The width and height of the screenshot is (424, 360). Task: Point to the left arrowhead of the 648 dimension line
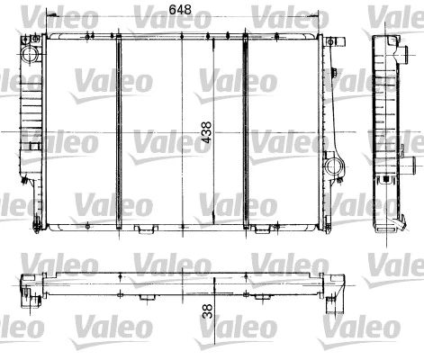pyautogui.click(x=50, y=20)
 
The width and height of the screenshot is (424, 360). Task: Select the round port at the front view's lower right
pyautogui.click(x=336, y=166)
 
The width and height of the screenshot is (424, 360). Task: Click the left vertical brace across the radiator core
pyautogui.click(x=117, y=130)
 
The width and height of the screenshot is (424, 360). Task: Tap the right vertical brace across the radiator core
pyautogui.click(x=245, y=130)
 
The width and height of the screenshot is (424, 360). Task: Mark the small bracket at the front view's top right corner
pyautogui.click(x=335, y=42)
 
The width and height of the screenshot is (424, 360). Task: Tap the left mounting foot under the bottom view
pyautogui.click(x=145, y=296)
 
